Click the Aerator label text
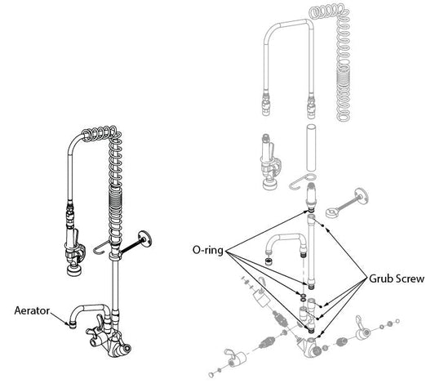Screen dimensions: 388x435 point(33,310)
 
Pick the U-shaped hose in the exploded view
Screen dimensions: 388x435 point(287,57)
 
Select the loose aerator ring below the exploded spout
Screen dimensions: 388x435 point(269,262)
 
